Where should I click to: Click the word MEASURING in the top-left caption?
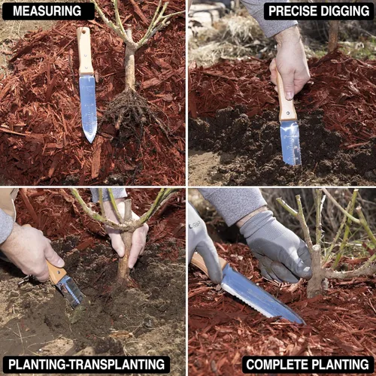point(47,11)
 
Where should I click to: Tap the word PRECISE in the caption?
point(293,11)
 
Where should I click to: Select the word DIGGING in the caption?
point(345,11)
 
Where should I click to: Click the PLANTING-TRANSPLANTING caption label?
point(86,364)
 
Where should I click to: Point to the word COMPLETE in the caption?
point(277,364)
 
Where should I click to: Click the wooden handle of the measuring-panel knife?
point(85,51)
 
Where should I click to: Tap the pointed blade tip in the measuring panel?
point(91,141)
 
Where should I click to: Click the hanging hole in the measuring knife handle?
point(84,32)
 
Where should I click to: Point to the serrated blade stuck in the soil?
point(291,143)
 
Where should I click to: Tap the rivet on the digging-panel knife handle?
point(288,113)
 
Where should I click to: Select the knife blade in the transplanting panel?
point(70,291)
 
